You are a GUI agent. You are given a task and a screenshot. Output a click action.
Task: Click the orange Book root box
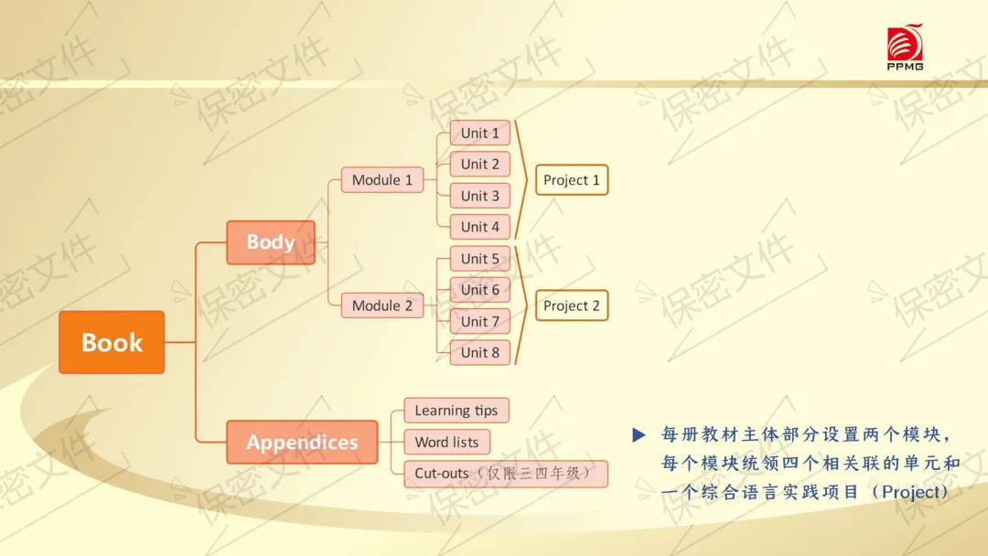click(112, 342)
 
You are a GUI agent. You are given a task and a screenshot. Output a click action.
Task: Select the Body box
click(270, 242)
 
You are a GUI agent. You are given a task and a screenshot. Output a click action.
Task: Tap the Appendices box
click(302, 442)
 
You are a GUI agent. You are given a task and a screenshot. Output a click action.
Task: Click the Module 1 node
click(381, 180)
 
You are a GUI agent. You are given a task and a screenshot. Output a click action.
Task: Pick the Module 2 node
click(381, 305)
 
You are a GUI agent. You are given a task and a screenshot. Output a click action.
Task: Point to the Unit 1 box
click(479, 133)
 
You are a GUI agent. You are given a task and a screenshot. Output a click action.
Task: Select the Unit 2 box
click(479, 165)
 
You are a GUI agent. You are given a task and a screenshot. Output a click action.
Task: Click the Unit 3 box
click(479, 196)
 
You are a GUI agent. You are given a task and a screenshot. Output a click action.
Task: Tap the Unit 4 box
click(479, 227)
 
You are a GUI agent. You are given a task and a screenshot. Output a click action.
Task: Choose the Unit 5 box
click(479, 258)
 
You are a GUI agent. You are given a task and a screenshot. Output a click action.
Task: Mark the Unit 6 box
click(479, 290)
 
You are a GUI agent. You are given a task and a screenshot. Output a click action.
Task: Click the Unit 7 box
click(479, 321)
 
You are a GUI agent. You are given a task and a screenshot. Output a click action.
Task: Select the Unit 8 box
click(479, 353)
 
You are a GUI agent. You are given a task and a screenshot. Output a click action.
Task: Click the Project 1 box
click(572, 180)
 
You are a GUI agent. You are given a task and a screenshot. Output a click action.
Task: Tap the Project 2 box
click(572, 305)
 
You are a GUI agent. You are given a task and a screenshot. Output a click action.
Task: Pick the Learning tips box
click(456, 411)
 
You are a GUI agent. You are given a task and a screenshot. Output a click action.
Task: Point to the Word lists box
click(446, 442)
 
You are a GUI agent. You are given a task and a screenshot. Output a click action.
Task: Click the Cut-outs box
click(506, 474)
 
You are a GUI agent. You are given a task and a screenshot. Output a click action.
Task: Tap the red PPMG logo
click(905, 48)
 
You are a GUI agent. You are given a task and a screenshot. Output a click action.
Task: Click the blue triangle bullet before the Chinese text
click(639, 434)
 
